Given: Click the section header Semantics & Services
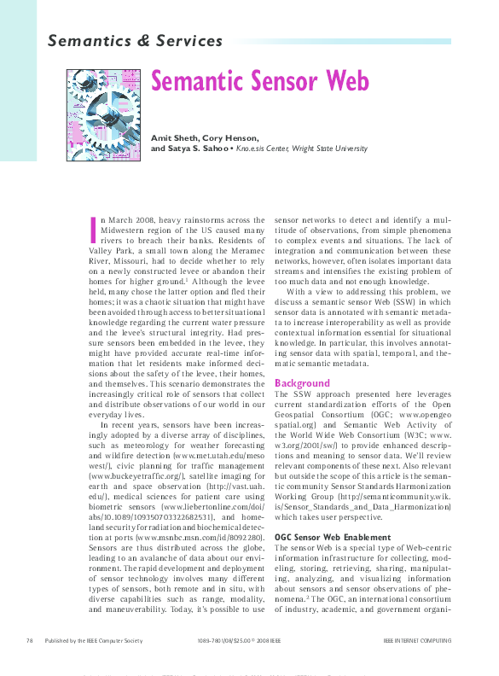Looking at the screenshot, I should click(135, 40).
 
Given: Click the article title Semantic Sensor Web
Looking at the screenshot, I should click(260, 81).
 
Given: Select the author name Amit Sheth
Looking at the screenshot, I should click(172, 137).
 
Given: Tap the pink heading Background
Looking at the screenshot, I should click(302, 383).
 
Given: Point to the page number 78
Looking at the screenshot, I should click(30, 640).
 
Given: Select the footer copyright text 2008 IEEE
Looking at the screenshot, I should click(264, 640).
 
